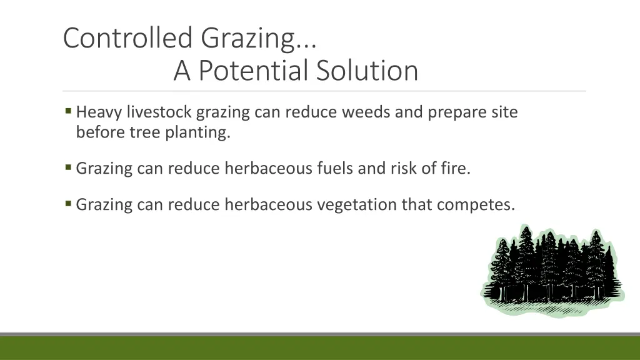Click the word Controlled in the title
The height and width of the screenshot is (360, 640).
coord(127,37)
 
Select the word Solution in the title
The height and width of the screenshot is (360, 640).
coord(367,71)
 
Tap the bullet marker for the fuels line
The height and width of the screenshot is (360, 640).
coord(68,168)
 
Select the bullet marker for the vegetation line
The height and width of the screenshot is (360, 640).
coord(68,204)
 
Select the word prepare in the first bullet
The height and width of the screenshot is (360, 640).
coord(457,113)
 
